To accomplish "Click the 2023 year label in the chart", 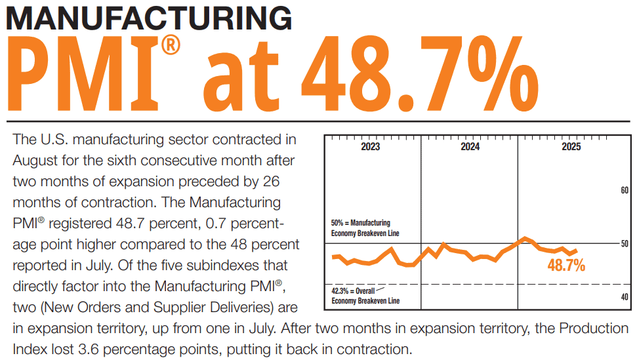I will click(370, 147).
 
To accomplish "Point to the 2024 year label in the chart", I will click(470, 147).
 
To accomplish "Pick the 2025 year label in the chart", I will click(571, 147).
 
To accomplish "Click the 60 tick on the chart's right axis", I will click(624, 190).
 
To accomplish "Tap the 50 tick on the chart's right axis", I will click(624, 244).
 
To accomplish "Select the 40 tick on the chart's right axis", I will click(624, 297).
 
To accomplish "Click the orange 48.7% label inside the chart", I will click(566, 266).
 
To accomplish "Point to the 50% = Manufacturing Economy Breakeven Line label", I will click(365, 228).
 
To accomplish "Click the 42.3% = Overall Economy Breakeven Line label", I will click(365, 296).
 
